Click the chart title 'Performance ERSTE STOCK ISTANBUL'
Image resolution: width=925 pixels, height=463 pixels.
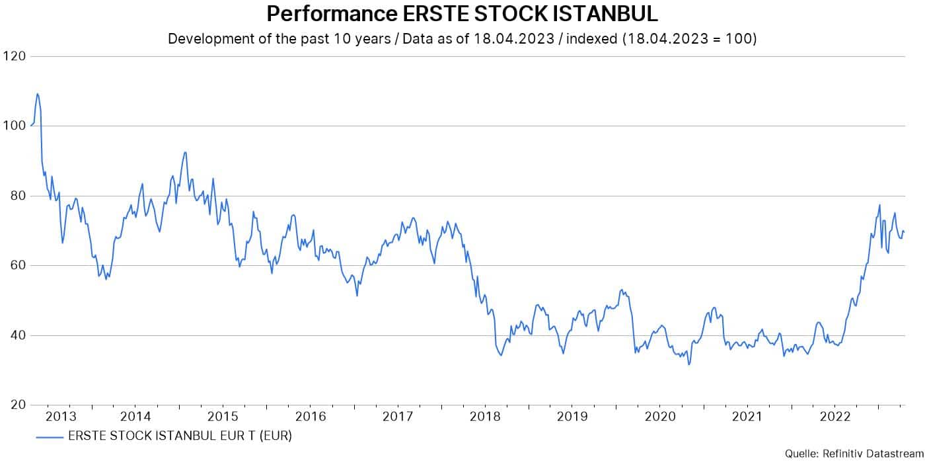pos(462,14)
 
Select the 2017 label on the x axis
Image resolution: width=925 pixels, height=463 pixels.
pos(397,417)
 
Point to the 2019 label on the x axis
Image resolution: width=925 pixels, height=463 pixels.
pos(572,417)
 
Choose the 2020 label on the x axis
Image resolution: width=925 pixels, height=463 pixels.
pos(659,417)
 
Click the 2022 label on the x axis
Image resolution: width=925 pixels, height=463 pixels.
pos(834,417)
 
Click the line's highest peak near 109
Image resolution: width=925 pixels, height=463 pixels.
pos(38,93)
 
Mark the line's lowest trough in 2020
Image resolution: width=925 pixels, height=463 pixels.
pos(689,364)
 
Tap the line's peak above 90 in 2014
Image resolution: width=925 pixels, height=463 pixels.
pos(185,152)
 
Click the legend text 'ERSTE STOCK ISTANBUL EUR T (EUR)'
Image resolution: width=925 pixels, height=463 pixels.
pos(180,437)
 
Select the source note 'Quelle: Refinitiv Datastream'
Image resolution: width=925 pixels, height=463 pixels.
pos(854,453)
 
